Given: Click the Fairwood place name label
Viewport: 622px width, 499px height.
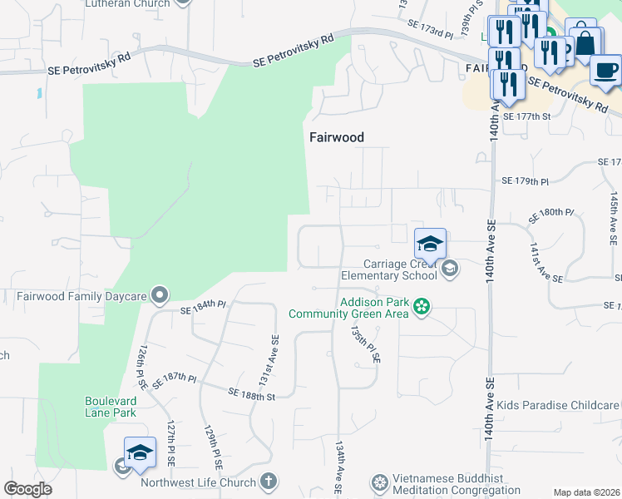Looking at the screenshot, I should click(x=338, y=137).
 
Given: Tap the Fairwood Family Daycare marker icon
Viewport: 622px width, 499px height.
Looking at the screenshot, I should click(x=160, y=294).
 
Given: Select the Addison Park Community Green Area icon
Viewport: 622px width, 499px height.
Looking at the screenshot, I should click(x=422, y=308).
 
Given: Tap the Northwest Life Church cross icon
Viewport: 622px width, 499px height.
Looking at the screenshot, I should click(x=268, y=481).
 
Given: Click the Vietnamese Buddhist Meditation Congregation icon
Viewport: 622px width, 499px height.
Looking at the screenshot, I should click(x=380, y=482).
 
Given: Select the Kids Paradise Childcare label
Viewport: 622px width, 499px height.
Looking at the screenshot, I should click(x=559, y=405).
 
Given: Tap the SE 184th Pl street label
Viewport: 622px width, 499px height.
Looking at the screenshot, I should click(x=204, y=308).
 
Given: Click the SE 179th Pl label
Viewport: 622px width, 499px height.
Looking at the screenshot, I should click(x=526, y=180).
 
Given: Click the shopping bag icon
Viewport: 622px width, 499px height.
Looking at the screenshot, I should click(x=585, y=42).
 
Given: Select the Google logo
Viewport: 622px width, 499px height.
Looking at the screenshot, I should click(x=27, y=489).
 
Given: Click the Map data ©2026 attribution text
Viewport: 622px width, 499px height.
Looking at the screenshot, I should click(x=586, y=492).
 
